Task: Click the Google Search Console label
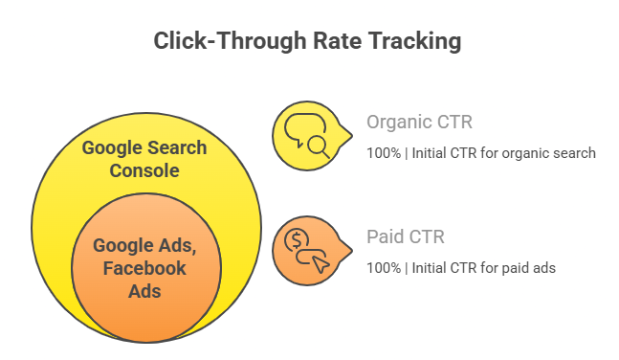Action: point(144,159)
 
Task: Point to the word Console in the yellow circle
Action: point(144,170)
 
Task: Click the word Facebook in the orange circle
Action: point(144,268)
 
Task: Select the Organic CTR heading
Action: point(419,123)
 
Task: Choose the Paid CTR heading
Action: point(406,236)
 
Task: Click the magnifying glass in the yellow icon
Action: point(317,146)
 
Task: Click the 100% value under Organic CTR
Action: point(383,152)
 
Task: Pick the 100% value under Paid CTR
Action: point(383,267)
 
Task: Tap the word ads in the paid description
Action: point(543,267)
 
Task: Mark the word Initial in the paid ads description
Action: point(430,267)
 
